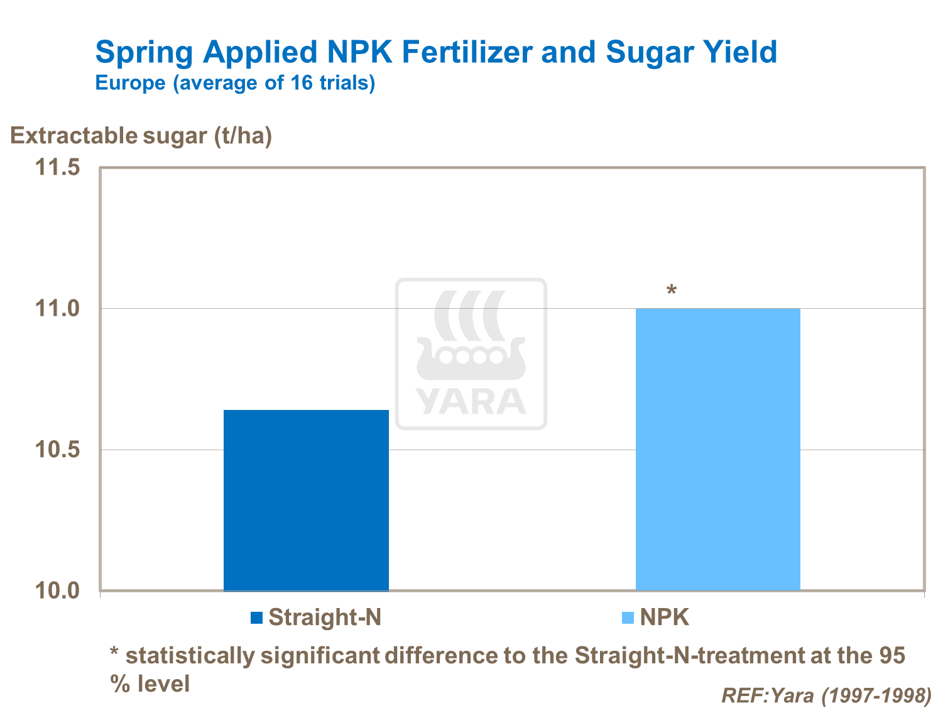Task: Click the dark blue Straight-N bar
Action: point(306,500)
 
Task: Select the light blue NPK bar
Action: point(717,449)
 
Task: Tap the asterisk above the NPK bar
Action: point(672,291)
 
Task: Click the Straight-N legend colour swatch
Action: point(256,618)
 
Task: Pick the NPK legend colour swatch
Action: point(628,618)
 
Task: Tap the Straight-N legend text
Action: point(325,617)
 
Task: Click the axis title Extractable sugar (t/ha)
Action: point(141,136)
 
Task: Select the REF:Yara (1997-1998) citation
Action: point(826,695)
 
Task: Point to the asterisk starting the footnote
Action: point(114,652)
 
